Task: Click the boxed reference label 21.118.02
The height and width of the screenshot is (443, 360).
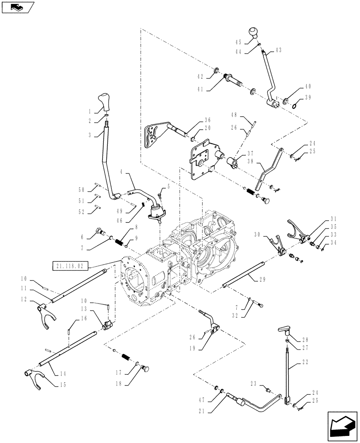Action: (x=70, y=266)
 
